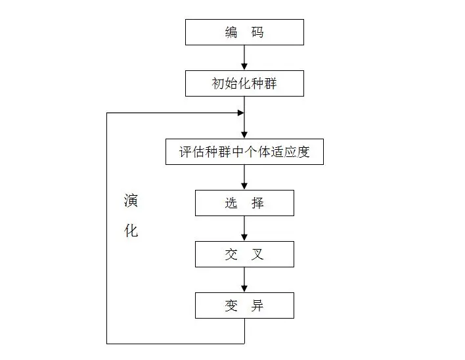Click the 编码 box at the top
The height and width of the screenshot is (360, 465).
[x=244, y=32]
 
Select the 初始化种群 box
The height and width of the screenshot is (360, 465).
[x=244, y=84]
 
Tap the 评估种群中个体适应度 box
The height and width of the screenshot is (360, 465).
[x=244, y=152]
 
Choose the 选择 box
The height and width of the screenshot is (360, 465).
[x=244, y=203]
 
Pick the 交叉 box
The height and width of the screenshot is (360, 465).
[x=244, y=254]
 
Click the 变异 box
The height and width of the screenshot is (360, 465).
[x=244, y=305]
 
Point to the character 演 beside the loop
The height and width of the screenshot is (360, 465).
[x=131, y=201]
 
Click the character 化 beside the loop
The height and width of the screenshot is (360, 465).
[x=131, y=231]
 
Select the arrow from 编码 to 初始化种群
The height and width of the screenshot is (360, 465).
[x=244, y=58]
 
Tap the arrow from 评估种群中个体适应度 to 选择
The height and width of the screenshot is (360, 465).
[x=244, y=177]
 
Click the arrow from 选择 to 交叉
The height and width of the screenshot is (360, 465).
[x=244, y=228]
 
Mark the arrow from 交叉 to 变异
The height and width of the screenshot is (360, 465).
[x=244, y=279]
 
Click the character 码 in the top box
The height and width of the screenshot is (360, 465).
[x=257, y=32]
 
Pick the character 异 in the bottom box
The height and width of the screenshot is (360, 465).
[x=257, y=305]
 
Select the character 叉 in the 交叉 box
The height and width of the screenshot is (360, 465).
[x=257, y=254]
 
